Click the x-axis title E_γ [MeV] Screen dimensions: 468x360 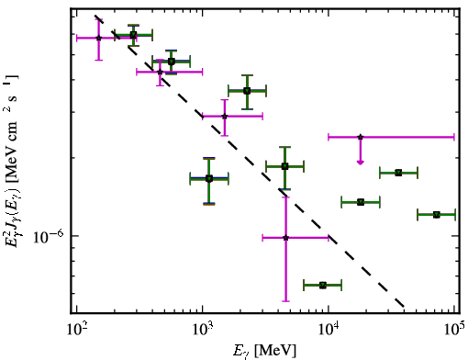point(264,351)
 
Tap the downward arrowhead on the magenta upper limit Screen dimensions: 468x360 point(361,162)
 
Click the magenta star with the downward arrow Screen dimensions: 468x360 point(361,137)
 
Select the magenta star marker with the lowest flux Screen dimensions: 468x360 point(285,238)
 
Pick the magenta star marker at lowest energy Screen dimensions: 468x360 point(98,38)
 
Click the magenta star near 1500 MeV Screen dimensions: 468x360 point(225,116)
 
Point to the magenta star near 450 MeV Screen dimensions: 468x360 point(160,72)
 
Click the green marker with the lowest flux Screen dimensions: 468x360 point(323,286)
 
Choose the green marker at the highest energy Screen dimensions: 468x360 point(437,215)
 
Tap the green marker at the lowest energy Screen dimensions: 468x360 point(133,35)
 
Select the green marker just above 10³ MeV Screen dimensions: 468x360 point(209,178)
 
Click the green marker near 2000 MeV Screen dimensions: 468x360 point(247,91)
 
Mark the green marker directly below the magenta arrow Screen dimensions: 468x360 point(361,202)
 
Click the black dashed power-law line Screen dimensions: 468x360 point(250,162)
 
